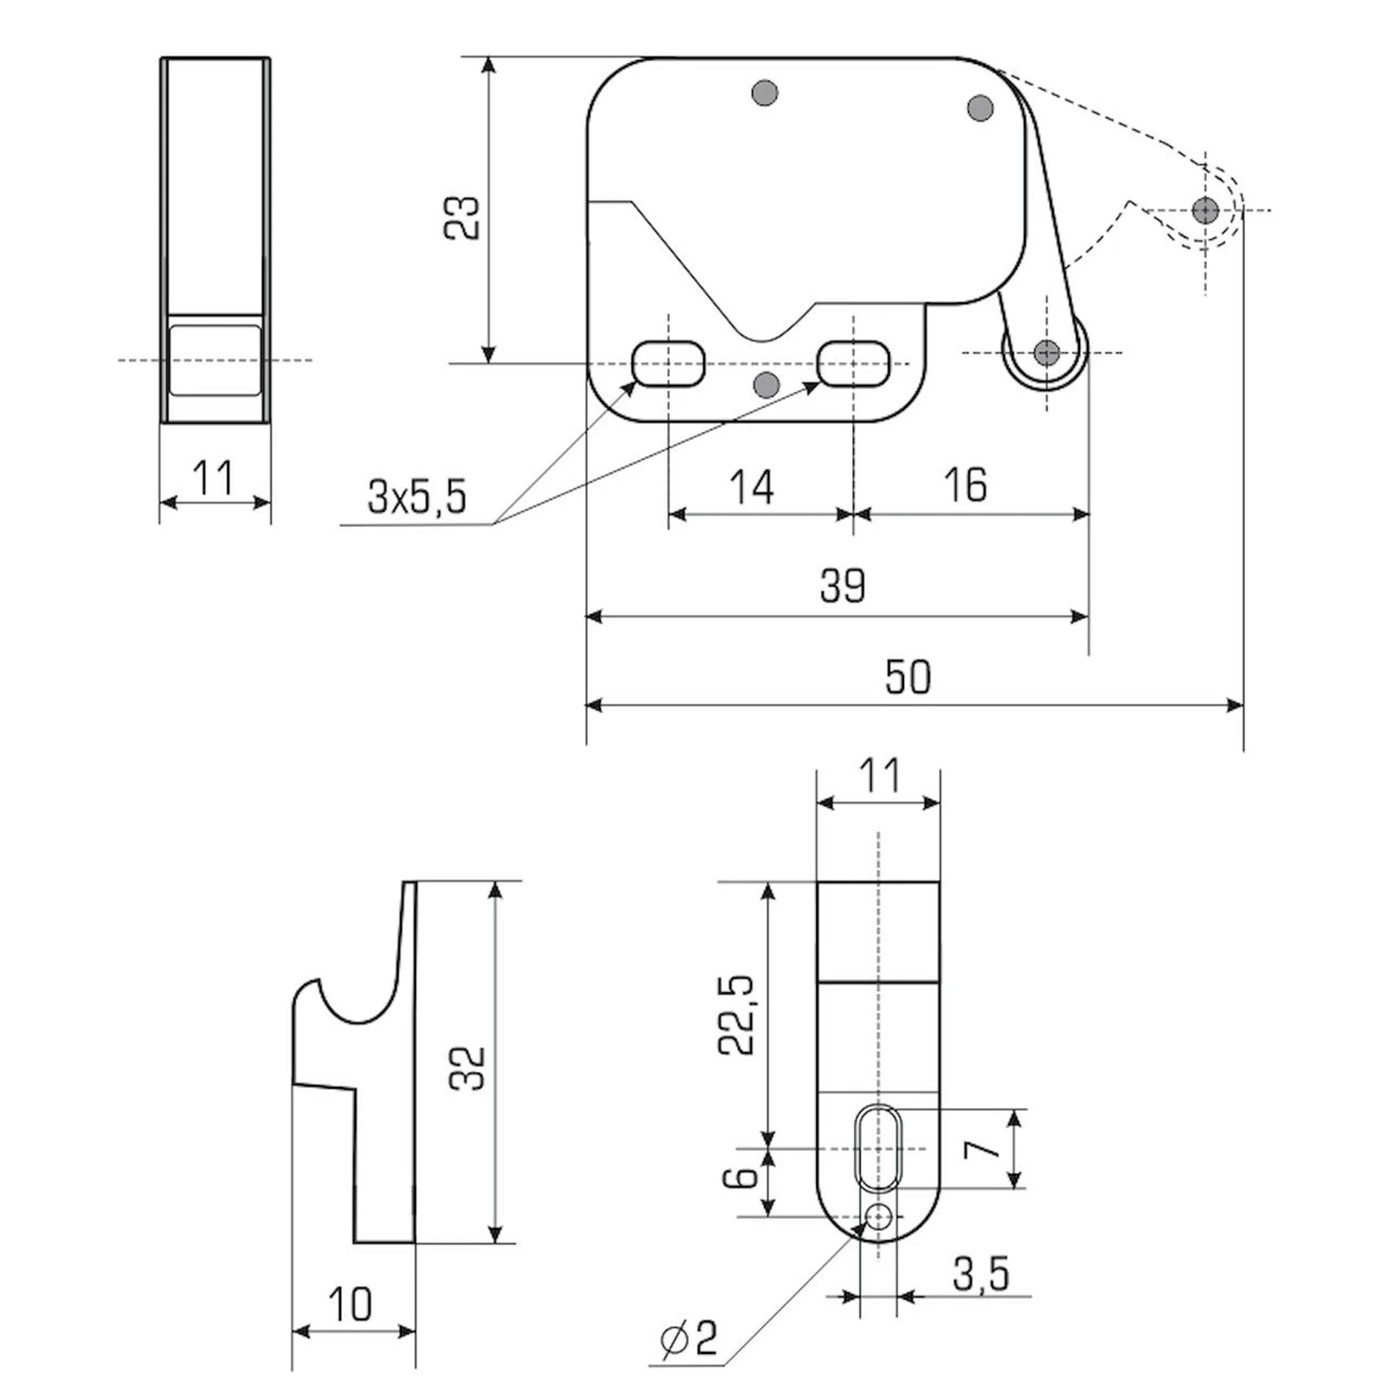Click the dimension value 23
pos(461,218)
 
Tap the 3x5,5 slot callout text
pos(416,497)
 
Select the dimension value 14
pos(751,487)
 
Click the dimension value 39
pos(843,585)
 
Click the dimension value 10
pos(351,1304)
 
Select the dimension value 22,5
pos(738,1015)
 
